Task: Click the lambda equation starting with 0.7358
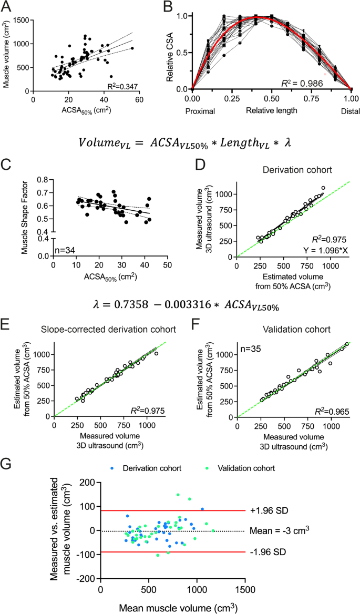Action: (180, 306)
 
